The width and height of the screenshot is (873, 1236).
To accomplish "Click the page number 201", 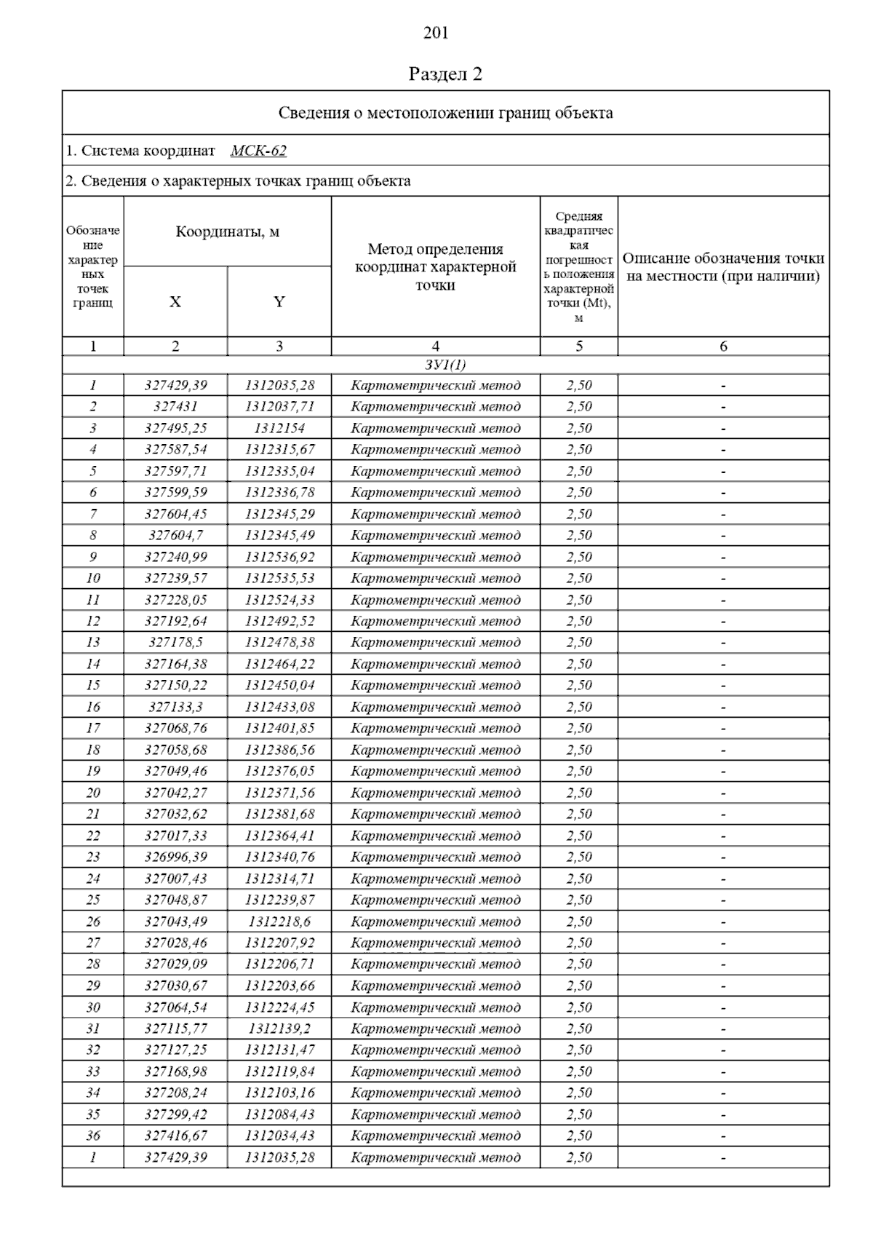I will click(x=436, y=33).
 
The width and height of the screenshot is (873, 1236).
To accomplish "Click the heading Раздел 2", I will click(x=445, y=74).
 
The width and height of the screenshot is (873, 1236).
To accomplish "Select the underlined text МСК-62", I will click(x=258, y=151).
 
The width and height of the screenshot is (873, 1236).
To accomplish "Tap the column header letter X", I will click(x=175, y=302).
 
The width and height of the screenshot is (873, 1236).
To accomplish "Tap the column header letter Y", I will click(x=279, y=302).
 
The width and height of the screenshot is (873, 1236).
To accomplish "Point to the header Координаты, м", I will click(x=227, y=232).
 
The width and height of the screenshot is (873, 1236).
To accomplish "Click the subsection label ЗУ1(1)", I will click(x=445, y=365).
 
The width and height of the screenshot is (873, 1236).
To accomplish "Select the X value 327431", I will click(x=175, y=406).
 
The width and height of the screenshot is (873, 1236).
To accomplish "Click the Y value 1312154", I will click(x=279, y=428).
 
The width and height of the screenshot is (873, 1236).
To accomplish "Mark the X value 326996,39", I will click(x=175, y=857).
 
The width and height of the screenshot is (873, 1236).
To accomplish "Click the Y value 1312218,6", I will click(x=279, y=922).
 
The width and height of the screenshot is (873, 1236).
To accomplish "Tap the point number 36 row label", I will click(x=93, y=1136).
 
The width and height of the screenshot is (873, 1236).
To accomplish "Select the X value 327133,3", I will click(x=175, y=707).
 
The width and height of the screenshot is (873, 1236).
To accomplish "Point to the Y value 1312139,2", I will click(x=279, y=1029).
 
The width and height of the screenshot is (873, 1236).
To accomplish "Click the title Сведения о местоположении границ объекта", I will click(x=445, y=113).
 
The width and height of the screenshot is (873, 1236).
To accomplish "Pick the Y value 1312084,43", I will click(x=279, y=1114).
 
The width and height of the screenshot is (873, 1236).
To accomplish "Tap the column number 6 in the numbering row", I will click(x=723, y=346).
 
